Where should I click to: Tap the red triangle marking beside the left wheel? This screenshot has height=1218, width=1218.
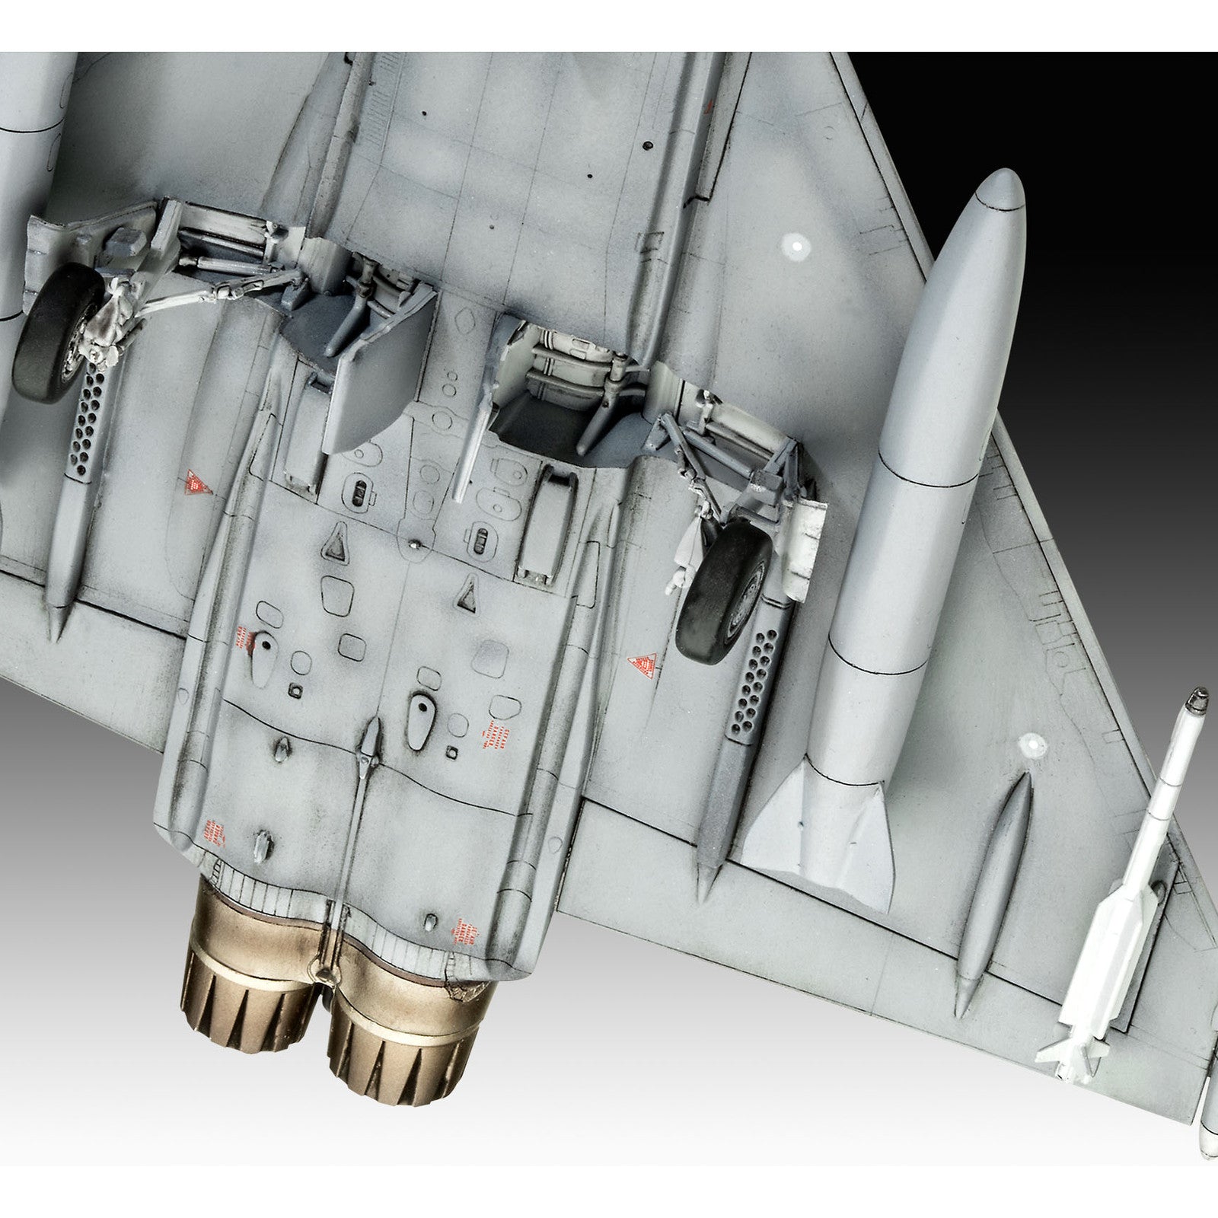[198, 481]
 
